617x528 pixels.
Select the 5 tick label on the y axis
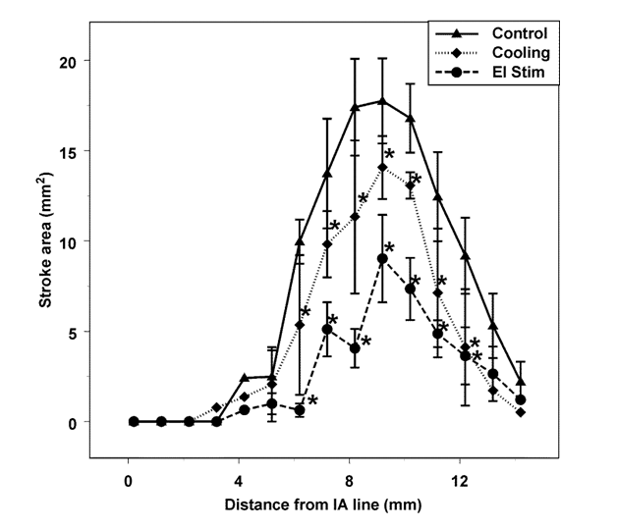pyautogui.click(x=72, y=332)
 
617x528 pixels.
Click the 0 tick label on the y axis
pyautogui.click(x=72, y=422)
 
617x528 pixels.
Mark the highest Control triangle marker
pyautogui.click(x=382, y=100)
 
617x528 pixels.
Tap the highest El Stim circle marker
pyautogui.click(x=382, y=259)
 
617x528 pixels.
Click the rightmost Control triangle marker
pyautogui.click(x=521, y=381)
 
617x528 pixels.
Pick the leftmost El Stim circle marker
pyautogui.click(x=134, y=422)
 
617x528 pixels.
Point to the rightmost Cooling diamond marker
pyautogui.click(x=521, y=412)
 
